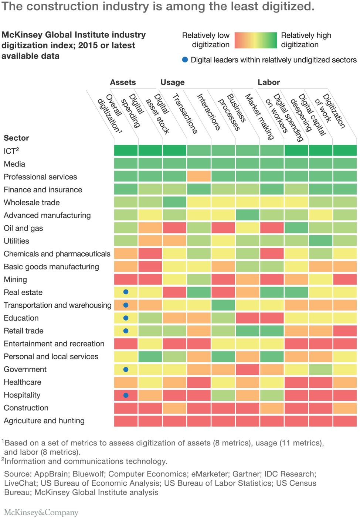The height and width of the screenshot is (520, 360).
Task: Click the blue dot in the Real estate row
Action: click(126, 292)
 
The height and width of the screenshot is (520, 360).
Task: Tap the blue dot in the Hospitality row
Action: click(126, 395)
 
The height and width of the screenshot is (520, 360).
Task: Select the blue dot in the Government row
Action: click(126, 369)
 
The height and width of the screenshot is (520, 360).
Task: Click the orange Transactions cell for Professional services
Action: click(199, 177)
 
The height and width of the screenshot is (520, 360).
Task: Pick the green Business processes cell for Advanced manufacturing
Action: click(247, 215)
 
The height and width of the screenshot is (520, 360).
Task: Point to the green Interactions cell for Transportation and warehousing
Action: click(223, 305)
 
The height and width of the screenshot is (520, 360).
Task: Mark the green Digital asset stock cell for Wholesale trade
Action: click(174, 202)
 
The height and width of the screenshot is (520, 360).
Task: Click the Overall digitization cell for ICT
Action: click(126, 151)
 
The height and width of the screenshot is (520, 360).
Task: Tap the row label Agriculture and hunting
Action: click(44, 421)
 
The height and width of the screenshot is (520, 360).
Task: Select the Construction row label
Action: click(26, 408)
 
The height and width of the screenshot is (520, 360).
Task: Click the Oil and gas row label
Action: click(23, 228)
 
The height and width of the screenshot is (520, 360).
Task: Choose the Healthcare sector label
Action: click(22, 382)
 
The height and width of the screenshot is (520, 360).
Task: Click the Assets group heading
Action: click(123, 82)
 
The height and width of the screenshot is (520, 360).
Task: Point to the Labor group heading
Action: click(269, 82)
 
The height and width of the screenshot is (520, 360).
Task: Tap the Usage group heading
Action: click(172, 82)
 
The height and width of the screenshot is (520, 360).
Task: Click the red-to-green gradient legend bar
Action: click(255, 40)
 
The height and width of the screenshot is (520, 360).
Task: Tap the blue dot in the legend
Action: click(185, 60)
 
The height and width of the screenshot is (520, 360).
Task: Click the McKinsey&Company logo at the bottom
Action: click(41, 512)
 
